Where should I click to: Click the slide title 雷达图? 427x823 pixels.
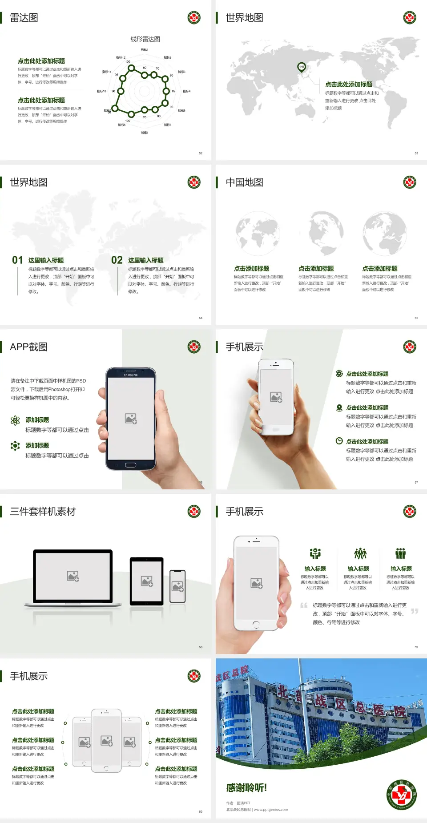(x=24, y=18)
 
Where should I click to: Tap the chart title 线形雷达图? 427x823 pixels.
(x=145, y=39)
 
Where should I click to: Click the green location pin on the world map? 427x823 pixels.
(x=301, y=67)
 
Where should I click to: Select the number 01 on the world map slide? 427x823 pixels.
(x=17, y=260)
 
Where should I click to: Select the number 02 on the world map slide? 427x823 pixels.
(x=117, y=260)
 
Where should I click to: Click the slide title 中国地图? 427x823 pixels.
(x=244, y=182)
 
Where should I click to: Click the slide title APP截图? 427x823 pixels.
(x=28, y=347)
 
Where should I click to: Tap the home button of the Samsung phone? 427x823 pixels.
(x=130, y=465)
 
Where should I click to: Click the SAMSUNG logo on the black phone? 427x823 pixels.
(x=131, y=375)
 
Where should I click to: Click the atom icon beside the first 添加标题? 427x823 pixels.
(x=15, y=420)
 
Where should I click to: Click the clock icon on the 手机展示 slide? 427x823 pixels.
(x=339, y=441)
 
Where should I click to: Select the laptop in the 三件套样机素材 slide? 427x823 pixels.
(x=73, y=577)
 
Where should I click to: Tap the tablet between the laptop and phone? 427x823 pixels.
(x=146, y=581)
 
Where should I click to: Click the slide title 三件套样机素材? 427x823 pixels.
(x=43, y=512)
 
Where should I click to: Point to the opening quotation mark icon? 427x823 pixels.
(x=304, y=605)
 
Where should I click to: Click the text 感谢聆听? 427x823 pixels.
(x=246, y=788)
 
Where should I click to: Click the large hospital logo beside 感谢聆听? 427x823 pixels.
(x=401, y=795)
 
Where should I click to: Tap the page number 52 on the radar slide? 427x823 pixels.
(x=201, y=153)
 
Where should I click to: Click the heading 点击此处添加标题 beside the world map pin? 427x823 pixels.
(x=348, y=84)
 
